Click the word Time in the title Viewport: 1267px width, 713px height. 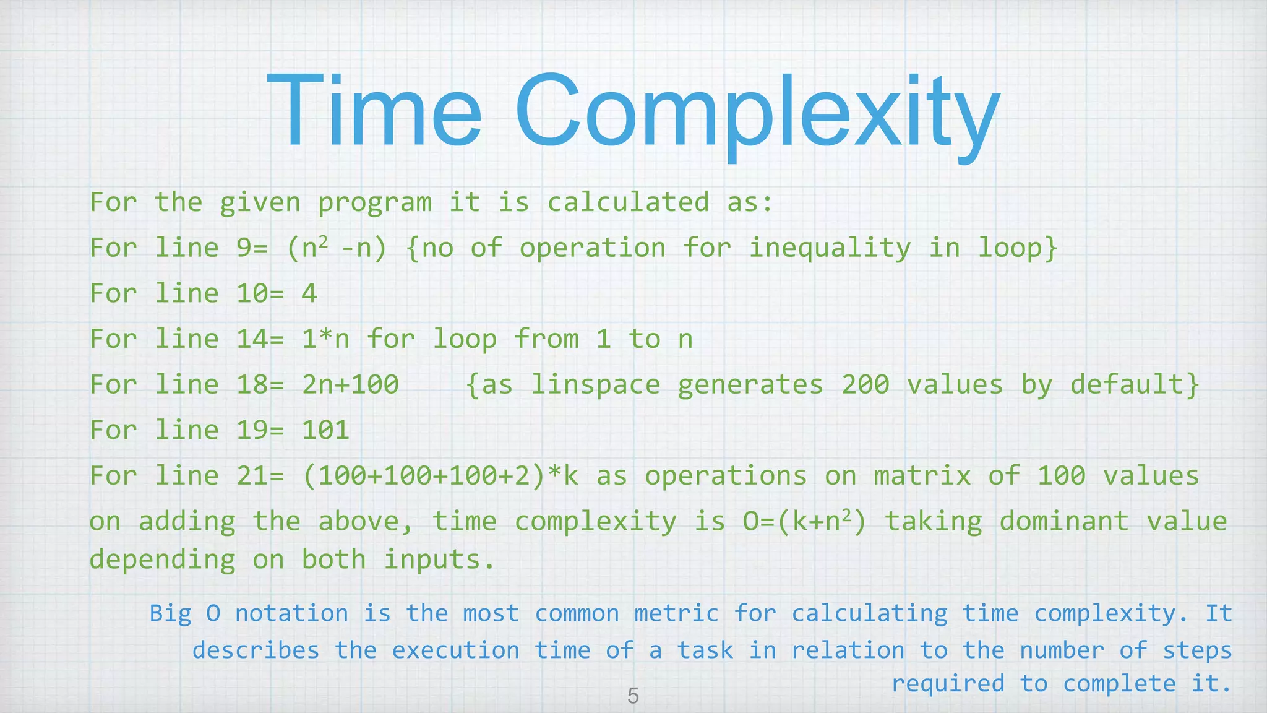click(x=374, y=111)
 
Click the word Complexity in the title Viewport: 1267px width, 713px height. click(x=757, y=115)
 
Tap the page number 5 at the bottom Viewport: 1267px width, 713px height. click(x=633, y=696)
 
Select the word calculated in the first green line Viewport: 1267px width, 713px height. click(x=628, y=202)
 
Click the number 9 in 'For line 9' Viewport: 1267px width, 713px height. click(x=244, y=248)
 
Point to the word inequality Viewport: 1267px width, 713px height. click(x=830, y=248)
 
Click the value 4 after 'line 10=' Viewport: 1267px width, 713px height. click(x=309, y=293)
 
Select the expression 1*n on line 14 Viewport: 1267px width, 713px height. click(x=325, y=339)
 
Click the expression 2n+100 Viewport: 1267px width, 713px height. click(x=350, y=384)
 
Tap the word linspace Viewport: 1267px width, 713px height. click(x=596, y=384)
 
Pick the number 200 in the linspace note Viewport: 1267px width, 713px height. click(x=865, y=384)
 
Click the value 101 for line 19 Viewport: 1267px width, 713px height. click(x=325, y=430)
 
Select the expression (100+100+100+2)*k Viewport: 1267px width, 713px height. click(x=440, y=476)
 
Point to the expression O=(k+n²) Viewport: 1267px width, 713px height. click(x=805, y=521)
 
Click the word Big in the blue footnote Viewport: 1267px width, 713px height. click(x=170, y=613)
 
